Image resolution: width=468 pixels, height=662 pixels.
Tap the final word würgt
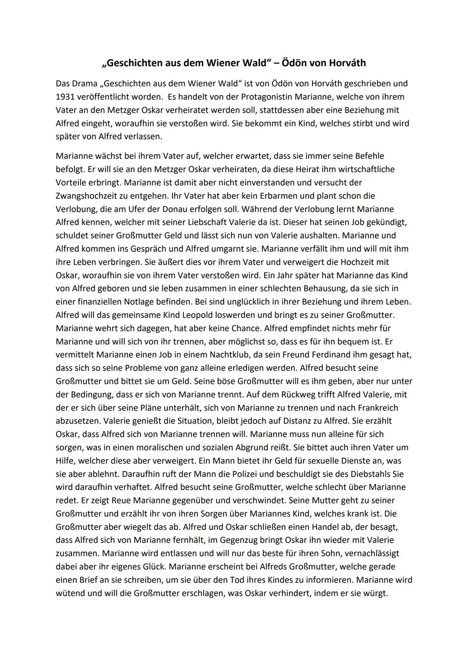tap(375, 593)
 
